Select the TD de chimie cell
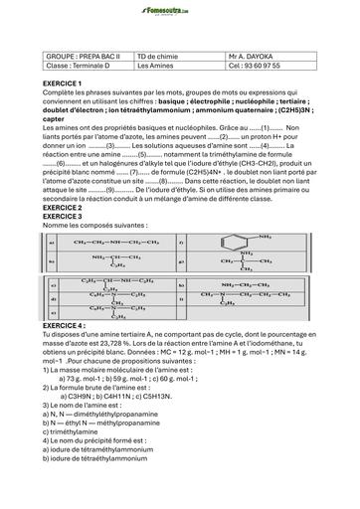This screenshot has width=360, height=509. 159,58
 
